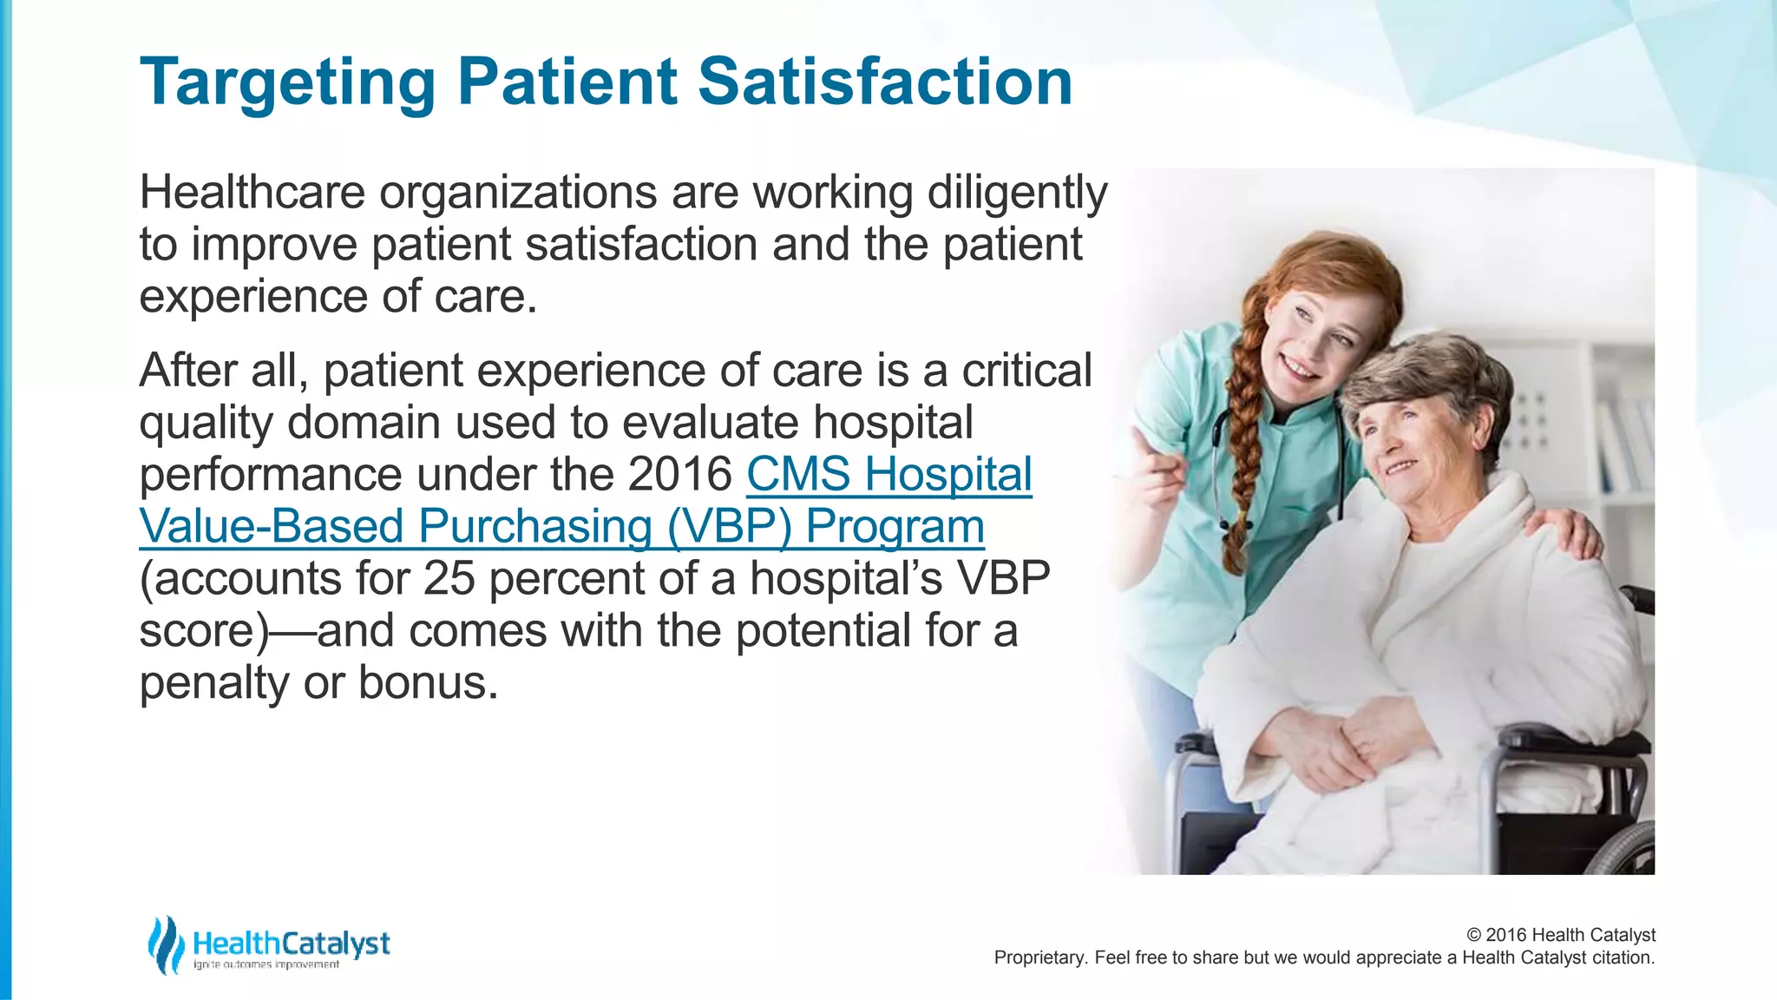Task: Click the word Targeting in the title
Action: pyautogui.click(x=286, y=83)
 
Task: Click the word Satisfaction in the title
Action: pyautogui.click(x=885, y=82)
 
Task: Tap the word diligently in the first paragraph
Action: pyautogui.click(x=1017, y=193)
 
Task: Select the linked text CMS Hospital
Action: pyautogui.click(x=888, y=475)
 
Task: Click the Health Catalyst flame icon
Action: pyautogui.click(x=165, y=944)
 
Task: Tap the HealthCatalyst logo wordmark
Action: pyautogui.click(x=291, y=944)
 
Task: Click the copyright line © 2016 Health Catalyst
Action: pyautogui.click(x=1560, y=935)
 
